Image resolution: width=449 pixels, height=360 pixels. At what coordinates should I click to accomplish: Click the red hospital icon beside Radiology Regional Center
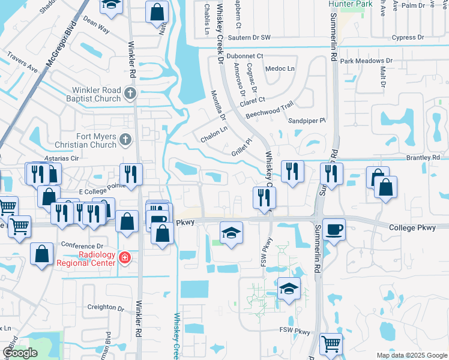point(125,258)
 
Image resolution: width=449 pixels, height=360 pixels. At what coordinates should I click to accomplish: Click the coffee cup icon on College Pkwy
point(334,229)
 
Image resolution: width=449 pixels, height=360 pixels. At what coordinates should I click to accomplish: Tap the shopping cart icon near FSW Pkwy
point(331,343)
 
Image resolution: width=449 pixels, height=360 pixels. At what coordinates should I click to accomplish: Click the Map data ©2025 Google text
point(412,355)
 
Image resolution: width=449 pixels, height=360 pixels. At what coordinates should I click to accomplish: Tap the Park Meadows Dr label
point(366,61)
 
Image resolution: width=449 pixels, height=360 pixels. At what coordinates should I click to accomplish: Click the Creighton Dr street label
point(104,307)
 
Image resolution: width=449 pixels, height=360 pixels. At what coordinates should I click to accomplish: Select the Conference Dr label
point(82,246)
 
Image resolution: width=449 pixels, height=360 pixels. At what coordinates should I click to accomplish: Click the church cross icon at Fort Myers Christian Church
point(124,139)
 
